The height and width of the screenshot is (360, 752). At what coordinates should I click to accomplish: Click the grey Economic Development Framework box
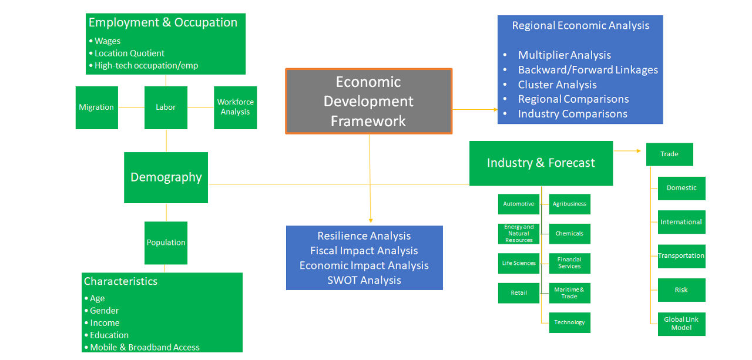(x=368, y=101)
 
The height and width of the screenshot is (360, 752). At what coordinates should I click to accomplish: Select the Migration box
(x=96, y=107)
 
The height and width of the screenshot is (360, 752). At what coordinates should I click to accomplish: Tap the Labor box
(x=166, y=107)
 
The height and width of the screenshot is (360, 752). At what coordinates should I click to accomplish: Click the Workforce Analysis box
(x=235, y=107)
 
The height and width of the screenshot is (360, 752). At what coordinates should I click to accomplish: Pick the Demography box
(x=166, y=177)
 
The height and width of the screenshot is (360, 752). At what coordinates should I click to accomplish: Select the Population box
(x=166, y=243)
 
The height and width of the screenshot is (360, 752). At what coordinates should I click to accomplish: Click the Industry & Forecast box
(x=540, y=163)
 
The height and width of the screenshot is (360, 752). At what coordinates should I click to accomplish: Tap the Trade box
(x=669, y=154)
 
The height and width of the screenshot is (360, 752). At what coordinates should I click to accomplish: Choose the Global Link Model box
(x=681, y=324)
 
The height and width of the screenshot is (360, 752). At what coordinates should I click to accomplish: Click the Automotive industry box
(x=518, y=204)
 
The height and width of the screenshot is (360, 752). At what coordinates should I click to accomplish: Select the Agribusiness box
(x=569, y=204)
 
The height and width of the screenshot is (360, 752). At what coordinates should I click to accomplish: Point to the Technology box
(x=569, y=322)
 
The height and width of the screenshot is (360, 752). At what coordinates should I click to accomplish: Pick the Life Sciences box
(x=518, y=263)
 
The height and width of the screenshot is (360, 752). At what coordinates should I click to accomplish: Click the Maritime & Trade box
(x=569, y=293)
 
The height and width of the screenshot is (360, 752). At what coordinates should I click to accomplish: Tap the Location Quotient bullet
(x=129, y=53)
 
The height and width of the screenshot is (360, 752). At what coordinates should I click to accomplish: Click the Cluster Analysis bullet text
(x=557, y=85)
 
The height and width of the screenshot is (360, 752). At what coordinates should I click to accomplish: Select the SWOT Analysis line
(x=364, y=280)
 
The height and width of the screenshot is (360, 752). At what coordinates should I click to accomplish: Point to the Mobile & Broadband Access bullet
(x=145, y=347)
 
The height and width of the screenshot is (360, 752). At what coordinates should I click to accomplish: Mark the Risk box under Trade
(x=681, y=290)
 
